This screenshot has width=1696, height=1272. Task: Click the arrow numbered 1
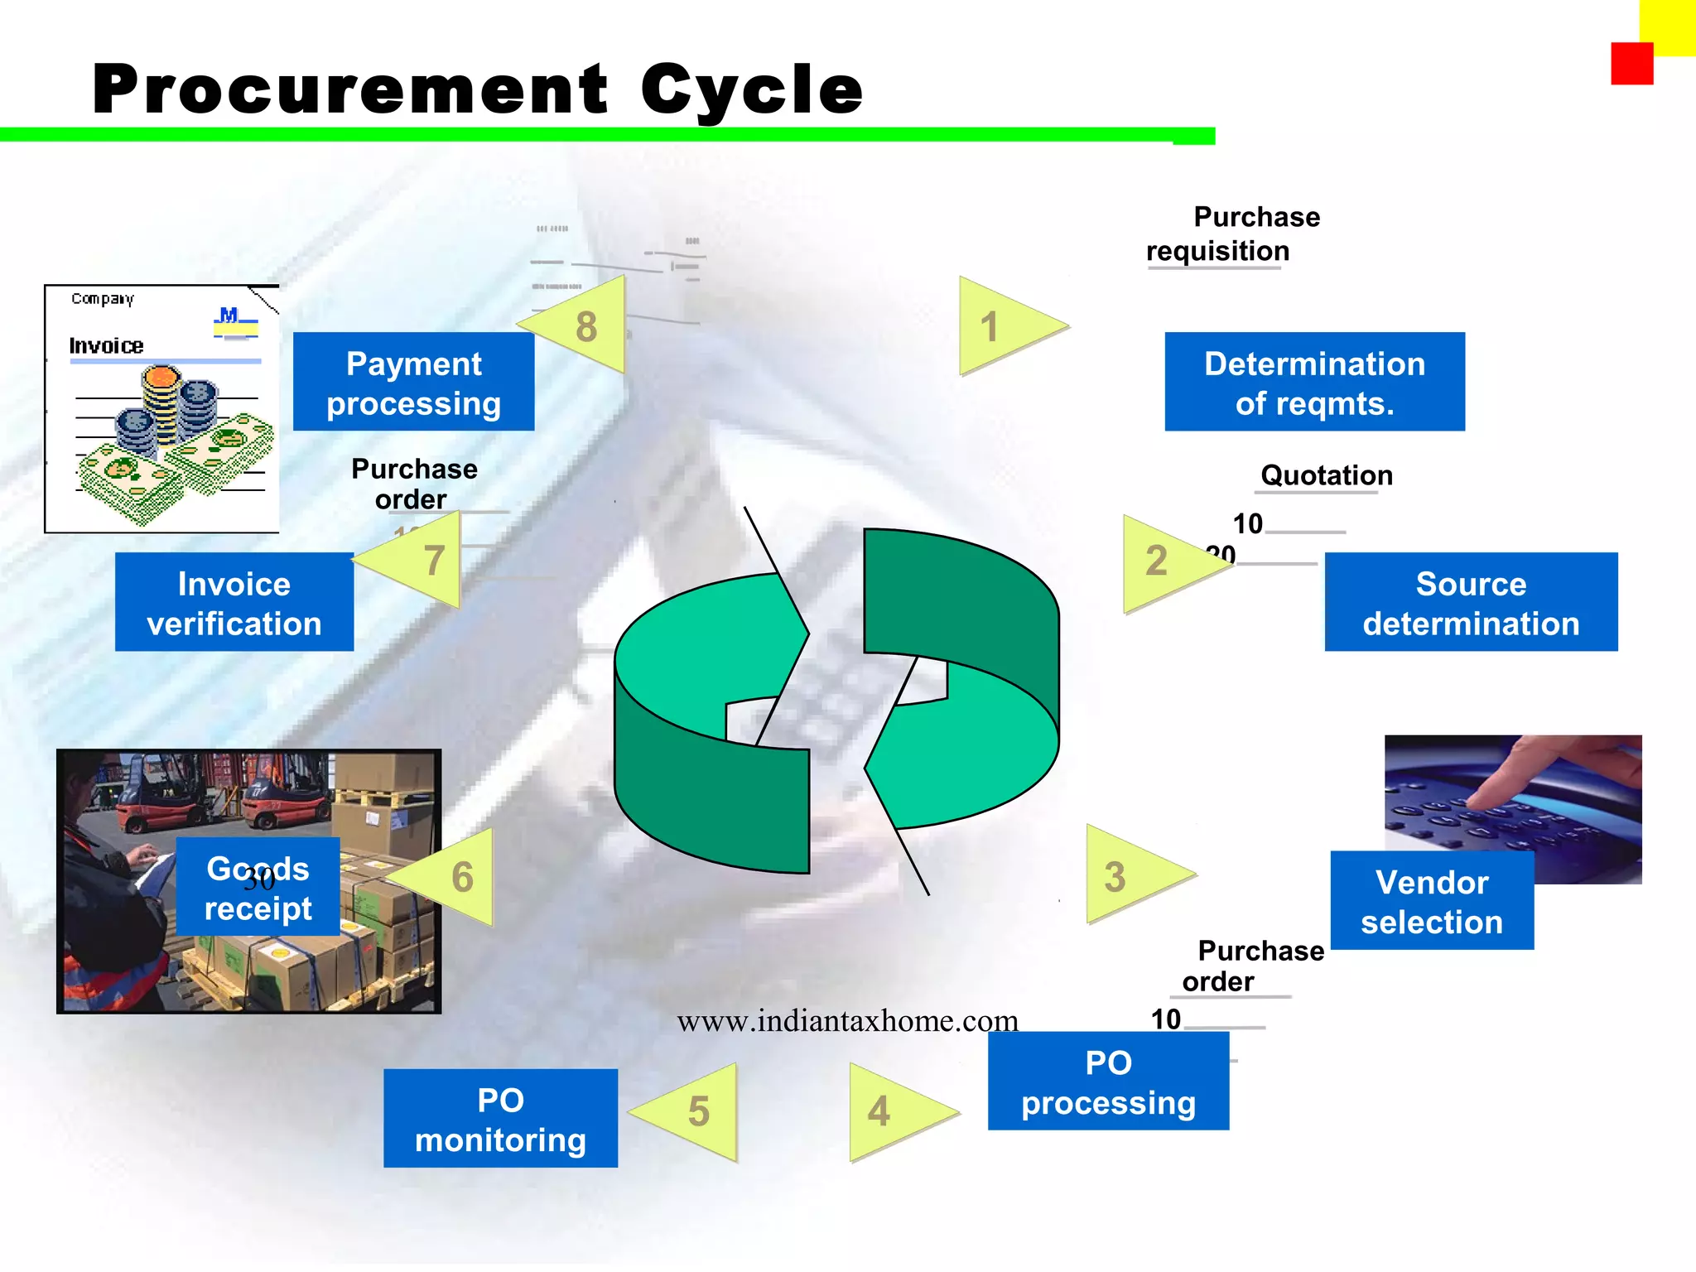[x=1002, y=326]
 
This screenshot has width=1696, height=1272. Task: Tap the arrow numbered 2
[x=1164, y=563]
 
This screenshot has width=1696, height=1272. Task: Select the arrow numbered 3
[x=1126, y=875]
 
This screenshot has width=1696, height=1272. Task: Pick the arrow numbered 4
[x=890, y=1111]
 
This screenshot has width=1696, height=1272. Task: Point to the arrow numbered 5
[x=696, y=1111]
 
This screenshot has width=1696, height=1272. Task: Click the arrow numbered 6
[x=455, y=876]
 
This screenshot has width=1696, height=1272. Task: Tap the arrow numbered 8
[x=584, y=325]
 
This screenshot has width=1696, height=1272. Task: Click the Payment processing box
[x=413, y=382]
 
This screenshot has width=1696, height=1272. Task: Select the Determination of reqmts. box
[x=1314, y=382]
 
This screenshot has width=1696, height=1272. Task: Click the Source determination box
[x=1471, y=602]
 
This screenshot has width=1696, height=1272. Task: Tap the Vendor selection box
[x=1432, y=900]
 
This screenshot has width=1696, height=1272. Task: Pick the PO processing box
[x=1108, y=1081]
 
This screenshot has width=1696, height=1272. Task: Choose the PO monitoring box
[x=500, y=1118]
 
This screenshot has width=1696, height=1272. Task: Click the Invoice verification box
[x=234, y=602]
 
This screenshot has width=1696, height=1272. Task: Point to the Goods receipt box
[x=258, y=887]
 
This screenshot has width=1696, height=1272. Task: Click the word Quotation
[x=1326, y=475]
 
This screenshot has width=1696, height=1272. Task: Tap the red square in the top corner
[x=1631, y=64]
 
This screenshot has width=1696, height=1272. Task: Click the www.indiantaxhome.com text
[x=847, y=1021]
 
